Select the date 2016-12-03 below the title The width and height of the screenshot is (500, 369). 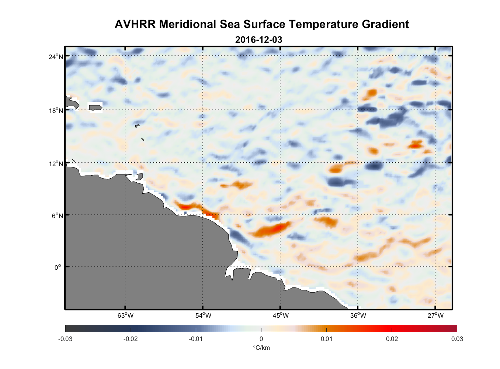258,39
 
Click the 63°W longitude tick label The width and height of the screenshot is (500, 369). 125,315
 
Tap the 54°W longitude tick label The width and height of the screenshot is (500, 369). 203,315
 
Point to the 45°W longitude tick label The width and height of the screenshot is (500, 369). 280,315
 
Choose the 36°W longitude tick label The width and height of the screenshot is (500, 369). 358,315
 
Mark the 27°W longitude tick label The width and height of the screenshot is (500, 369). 435,315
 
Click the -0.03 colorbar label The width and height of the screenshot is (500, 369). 65,339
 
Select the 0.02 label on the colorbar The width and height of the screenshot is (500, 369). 392,339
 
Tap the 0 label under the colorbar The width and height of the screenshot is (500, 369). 261,339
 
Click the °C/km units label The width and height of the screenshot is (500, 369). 261,348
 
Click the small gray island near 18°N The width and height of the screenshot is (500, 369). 95,107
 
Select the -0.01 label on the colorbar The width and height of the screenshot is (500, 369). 196,339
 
